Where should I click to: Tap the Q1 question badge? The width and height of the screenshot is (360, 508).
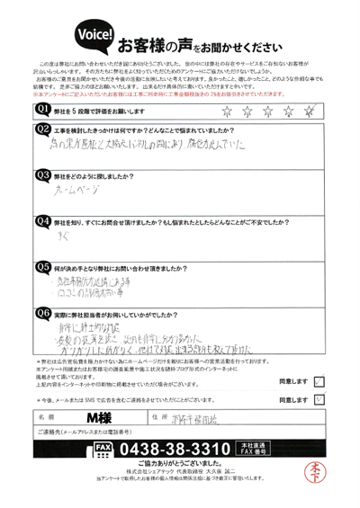click(x=41, y=110)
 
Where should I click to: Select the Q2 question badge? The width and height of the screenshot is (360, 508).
click(x=41, y=130)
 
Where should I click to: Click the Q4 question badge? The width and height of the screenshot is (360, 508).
click(x=41, y=220)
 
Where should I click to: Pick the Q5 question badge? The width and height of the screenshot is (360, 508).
click(x=41, y=266)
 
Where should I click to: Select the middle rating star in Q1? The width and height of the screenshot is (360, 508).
click(x=267, y=110)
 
